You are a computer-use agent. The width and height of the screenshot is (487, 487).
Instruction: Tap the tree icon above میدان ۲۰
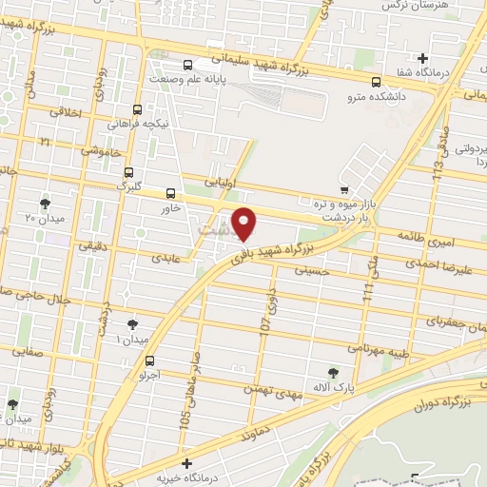coord(44,203)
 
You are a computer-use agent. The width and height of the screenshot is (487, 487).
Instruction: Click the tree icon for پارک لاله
coord(332,372)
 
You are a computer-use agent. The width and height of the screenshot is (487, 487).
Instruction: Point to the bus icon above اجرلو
coord(150,360)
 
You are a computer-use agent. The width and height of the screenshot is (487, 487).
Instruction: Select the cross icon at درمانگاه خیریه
coord(186,462)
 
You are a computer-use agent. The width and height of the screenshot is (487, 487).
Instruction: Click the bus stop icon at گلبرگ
coord(128,172)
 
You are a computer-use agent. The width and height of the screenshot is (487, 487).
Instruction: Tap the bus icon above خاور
coord(171,192)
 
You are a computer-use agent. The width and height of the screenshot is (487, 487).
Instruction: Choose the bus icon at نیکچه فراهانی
coord(138,109)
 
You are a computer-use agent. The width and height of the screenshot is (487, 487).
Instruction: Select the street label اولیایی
coord(224,179)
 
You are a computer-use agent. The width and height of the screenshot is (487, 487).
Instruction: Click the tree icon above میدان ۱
coord(132,324)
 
